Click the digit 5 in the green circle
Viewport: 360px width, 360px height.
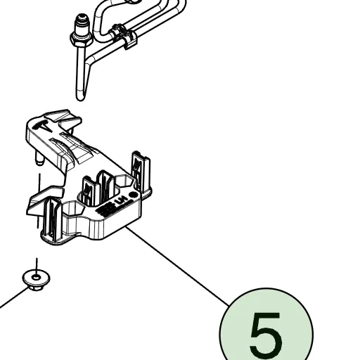point(265,336)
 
